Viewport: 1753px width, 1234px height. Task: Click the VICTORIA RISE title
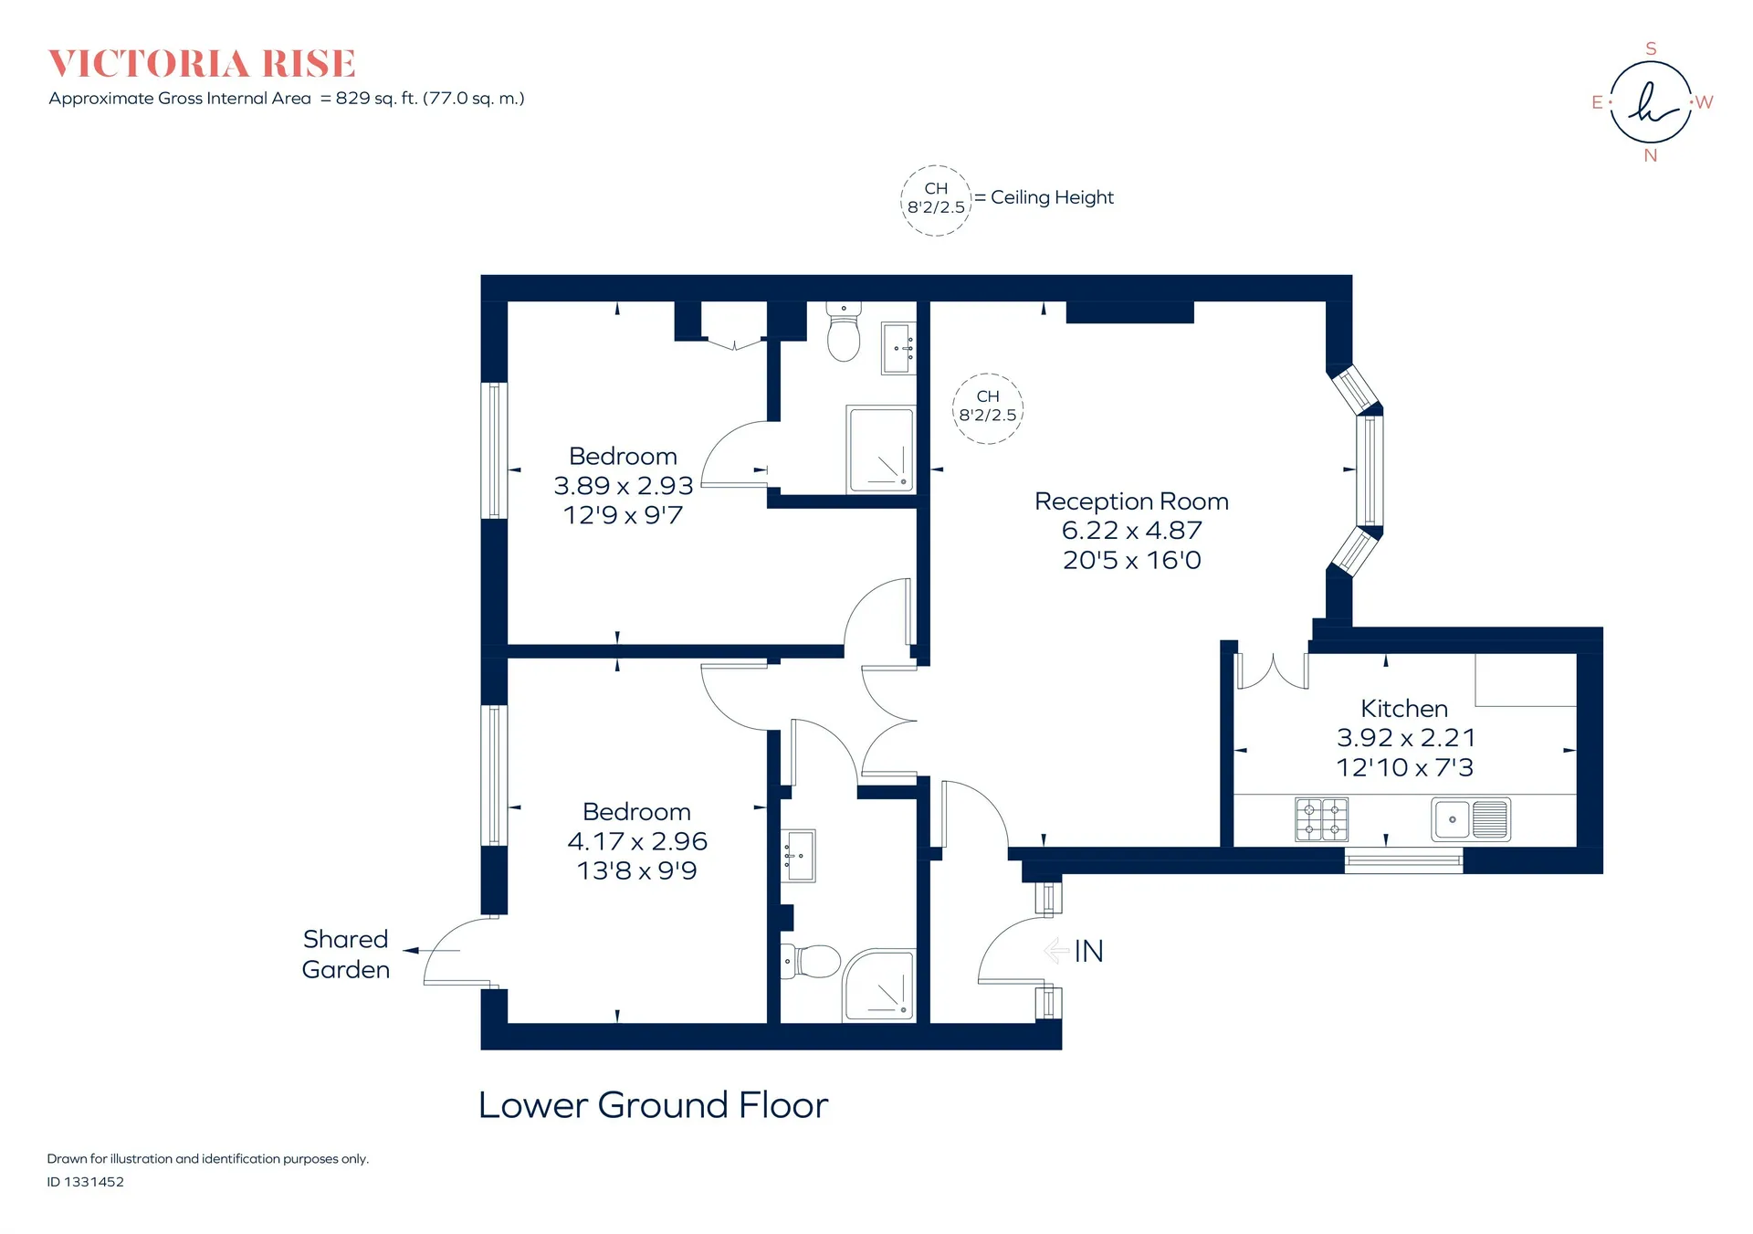pyautogui.click(x=202, y=64)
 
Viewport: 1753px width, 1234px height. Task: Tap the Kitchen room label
pyautogui.click(x=1404, y=709)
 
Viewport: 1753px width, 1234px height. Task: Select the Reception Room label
pyautogui.click(x=1131, y=501)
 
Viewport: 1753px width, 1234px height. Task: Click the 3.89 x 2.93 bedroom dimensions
pyautogui.click(x=624, y=486)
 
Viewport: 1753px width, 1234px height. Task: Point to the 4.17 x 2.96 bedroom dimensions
pyautogui.click(x=637, y=841)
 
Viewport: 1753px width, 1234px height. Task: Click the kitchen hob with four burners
pyautogui.click(x=1321, y=819)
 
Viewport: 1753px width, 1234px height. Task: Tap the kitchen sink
pyautogui.click(x=1471, y=818)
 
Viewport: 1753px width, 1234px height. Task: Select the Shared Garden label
pyautogui.click(x=346, y=955)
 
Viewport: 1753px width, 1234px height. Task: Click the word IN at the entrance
pyautogui.click(x=1088, y=952)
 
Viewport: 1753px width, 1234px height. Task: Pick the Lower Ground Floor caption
pyautogui.click(x=654, y=1105)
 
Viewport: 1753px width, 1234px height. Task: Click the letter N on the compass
pyautogui.click(x=1651, y=155)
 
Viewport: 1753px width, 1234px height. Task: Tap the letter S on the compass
pyautogui.click(x=1651, y=48)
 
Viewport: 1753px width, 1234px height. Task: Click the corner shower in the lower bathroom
pyautogui.click(x=878, y=986)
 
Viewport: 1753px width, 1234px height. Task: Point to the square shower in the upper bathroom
pyautogui.click(x=881, y=449)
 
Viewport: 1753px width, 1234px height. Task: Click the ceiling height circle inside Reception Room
pyautogui.click(x=988, y=374)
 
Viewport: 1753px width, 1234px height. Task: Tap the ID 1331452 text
pyautogui.click(x=86, y=1182)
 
